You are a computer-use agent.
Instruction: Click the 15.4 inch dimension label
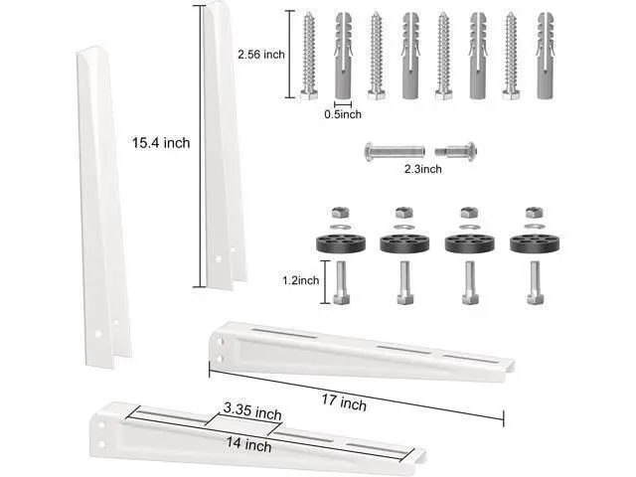point(161,143)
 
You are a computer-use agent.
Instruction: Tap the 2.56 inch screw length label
point(261,55)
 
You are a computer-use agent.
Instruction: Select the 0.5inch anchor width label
point(342,114)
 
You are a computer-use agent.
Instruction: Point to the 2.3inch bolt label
point(423,169)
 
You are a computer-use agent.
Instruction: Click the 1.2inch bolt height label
point(301,280)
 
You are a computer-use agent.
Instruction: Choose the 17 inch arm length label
point(345,402)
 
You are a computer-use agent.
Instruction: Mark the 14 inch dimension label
point(248,444)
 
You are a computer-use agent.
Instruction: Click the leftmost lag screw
point(309,56)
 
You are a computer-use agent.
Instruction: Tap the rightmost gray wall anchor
point(546,56)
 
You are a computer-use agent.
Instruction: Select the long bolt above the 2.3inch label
point(395,152)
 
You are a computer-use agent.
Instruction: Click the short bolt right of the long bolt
point(456,151)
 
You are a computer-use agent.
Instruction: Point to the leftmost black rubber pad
point(341,243)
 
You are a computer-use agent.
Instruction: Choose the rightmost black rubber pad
point(535,243)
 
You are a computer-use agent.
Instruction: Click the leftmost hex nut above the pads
point(340,213)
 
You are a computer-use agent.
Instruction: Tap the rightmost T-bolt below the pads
point(535,283)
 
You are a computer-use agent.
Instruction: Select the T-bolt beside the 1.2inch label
point(341,283)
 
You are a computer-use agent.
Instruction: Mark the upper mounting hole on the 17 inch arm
point(221,343)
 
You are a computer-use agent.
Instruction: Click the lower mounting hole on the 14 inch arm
point(101,444)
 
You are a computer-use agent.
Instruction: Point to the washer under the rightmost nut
point(534,226)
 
